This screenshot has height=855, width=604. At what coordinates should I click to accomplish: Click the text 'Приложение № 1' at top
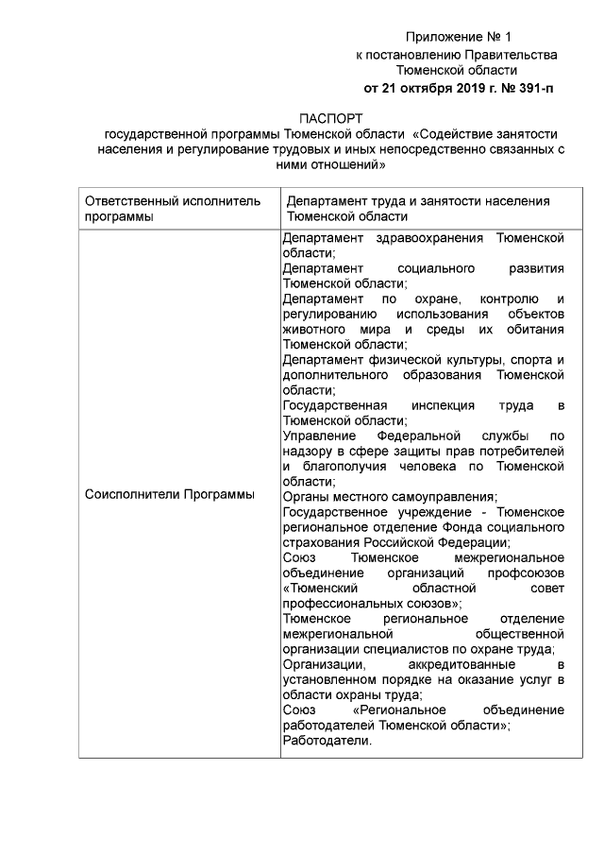(x=456, y=38)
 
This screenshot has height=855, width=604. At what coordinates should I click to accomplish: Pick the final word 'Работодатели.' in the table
(x=327, y=741)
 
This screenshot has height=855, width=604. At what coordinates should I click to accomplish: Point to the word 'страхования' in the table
(x=317, y=541)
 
